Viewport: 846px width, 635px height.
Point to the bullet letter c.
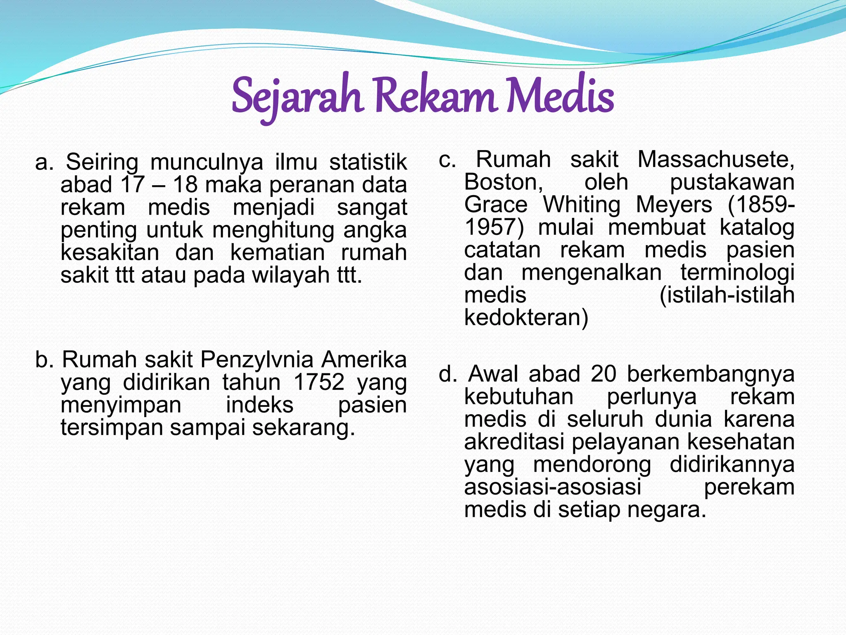447,160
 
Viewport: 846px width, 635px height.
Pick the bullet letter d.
447,374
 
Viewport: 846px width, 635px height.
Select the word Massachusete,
715,160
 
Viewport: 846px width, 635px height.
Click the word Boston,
504,182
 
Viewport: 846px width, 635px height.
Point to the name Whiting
582,205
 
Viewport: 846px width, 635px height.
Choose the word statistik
368,162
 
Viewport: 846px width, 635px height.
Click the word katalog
757,228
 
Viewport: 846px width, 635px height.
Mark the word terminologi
737,273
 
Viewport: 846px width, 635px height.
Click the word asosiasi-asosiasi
552,487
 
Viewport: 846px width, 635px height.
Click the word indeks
259,405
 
